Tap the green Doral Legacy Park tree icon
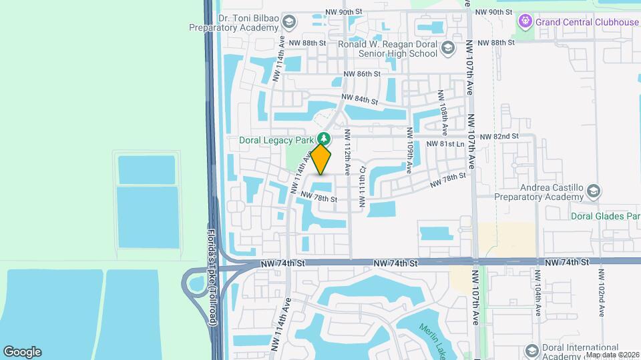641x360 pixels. (325, 138)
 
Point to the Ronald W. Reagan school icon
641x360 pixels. (448, 47)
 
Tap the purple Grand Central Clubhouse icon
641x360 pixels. (525, 22)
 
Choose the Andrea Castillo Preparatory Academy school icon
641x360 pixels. (592, 192)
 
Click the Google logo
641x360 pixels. (22, 352)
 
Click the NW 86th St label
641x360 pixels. (362, 74)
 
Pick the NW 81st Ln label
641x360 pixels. (445, 144)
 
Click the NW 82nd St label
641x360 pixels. (499, 136)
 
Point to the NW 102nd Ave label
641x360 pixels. (602, 293)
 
